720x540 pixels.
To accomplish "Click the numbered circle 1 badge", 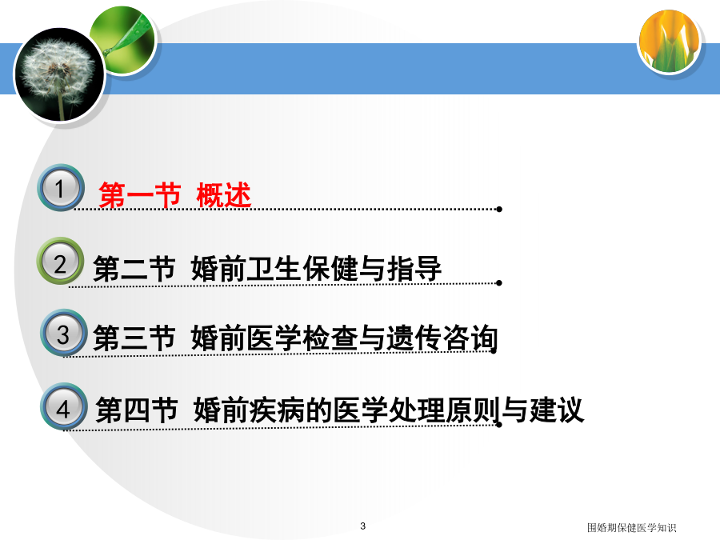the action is point(61,187).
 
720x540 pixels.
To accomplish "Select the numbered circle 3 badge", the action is point(64,333).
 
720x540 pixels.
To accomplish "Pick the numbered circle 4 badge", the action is point(64,406).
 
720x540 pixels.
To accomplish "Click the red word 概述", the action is point(224,195).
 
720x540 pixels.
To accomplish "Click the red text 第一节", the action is point(139,195).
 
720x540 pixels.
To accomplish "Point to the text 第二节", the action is point(134,269).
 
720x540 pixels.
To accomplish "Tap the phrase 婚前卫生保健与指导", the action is point(316,269).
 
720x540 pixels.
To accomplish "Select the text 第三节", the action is point(134,338).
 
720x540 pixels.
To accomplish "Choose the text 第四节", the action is point(136,410).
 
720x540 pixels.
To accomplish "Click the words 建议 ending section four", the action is point(557,410).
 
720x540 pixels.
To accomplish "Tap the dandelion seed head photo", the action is point(59,75).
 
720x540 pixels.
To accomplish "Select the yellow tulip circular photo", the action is point(670,42).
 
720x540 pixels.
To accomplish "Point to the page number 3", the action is point(362,526).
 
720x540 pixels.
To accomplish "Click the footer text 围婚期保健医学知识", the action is point(631,528).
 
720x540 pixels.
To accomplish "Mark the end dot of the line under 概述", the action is point(499,210).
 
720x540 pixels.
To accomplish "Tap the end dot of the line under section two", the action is point(499,283).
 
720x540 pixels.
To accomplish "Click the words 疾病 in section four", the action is point(277,410).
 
